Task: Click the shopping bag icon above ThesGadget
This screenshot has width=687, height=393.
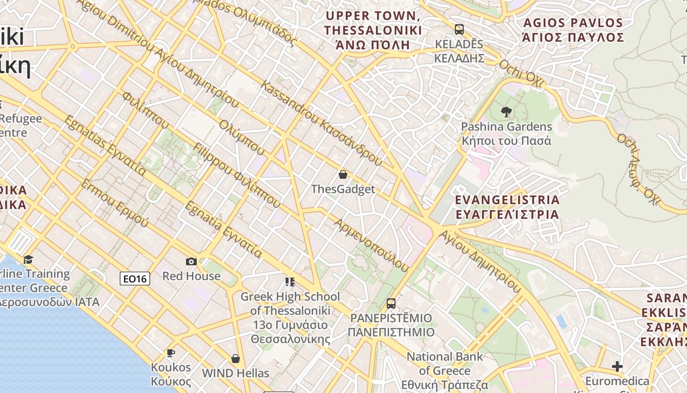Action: click(x=343, y=174)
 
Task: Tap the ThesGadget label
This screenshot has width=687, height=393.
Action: click(x=343, y=189)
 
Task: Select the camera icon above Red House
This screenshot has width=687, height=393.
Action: click(x=191, y=261)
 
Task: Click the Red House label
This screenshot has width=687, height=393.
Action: click(x=191, y=276)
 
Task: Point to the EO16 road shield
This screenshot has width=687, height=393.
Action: click(x=135, y=279)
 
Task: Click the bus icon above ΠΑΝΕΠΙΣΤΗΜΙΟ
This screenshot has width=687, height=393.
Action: click(x=391, y=304)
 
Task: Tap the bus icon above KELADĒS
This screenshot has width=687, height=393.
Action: click(x=459, y=29)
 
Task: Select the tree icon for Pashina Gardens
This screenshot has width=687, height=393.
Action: click(x=506, y=112)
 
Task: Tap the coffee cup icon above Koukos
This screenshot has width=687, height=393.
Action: click(x=171, y=353)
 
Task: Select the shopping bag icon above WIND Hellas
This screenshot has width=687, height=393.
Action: click(x=236, y=359)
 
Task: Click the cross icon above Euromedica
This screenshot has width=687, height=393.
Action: click(x=617, y=366)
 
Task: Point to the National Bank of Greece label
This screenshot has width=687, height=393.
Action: click(x=445, y=370)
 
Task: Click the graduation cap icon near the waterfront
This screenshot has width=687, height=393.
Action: click(x=28, y=259)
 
